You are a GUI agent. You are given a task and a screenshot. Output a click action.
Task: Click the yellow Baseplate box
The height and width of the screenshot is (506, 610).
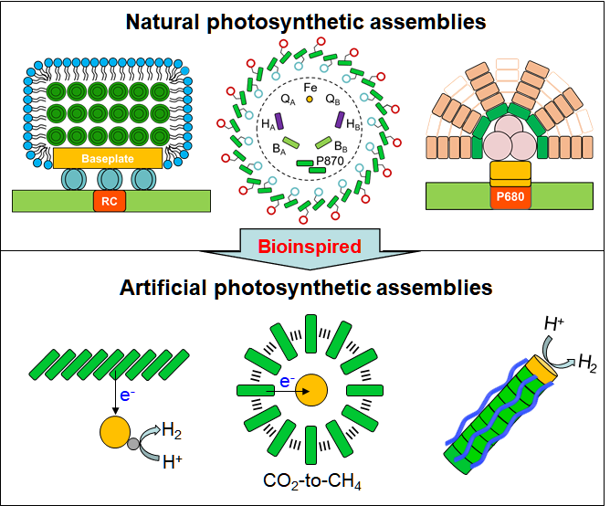[109, 157]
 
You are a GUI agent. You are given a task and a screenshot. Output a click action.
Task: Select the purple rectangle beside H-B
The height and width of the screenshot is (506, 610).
[339, 121]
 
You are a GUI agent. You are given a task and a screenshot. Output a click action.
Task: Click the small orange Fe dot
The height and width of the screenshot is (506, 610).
[310, 98]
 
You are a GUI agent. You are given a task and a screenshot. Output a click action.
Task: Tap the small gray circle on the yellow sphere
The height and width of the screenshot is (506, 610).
[132, 442]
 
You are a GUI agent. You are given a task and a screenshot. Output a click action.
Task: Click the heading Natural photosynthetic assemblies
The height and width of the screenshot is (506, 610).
[306, 19]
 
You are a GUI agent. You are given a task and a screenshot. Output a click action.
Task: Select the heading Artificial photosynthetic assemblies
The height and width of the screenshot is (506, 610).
[306, 288]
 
